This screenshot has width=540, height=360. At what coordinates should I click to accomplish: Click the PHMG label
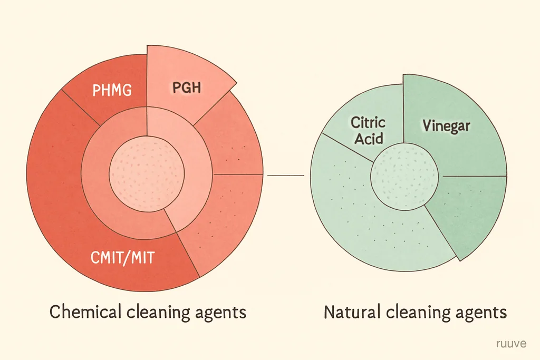tap(112, 90)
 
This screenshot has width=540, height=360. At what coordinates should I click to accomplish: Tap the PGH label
tap(187, 87)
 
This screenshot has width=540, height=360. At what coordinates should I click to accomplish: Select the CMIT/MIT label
tap(122, 257)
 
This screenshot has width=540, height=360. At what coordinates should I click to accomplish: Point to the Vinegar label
tap(446, 126)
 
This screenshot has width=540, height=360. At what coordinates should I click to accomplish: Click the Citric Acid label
tap(368, 131)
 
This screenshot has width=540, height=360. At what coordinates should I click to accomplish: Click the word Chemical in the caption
tap(85, 312)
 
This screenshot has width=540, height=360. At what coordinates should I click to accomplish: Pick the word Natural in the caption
tap(352, 312)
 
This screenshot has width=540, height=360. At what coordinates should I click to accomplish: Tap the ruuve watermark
tap(512, 344)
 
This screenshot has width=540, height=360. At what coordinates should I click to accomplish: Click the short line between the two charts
tap(285, 176)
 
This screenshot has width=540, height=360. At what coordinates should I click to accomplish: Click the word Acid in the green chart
tap(369, 138)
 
